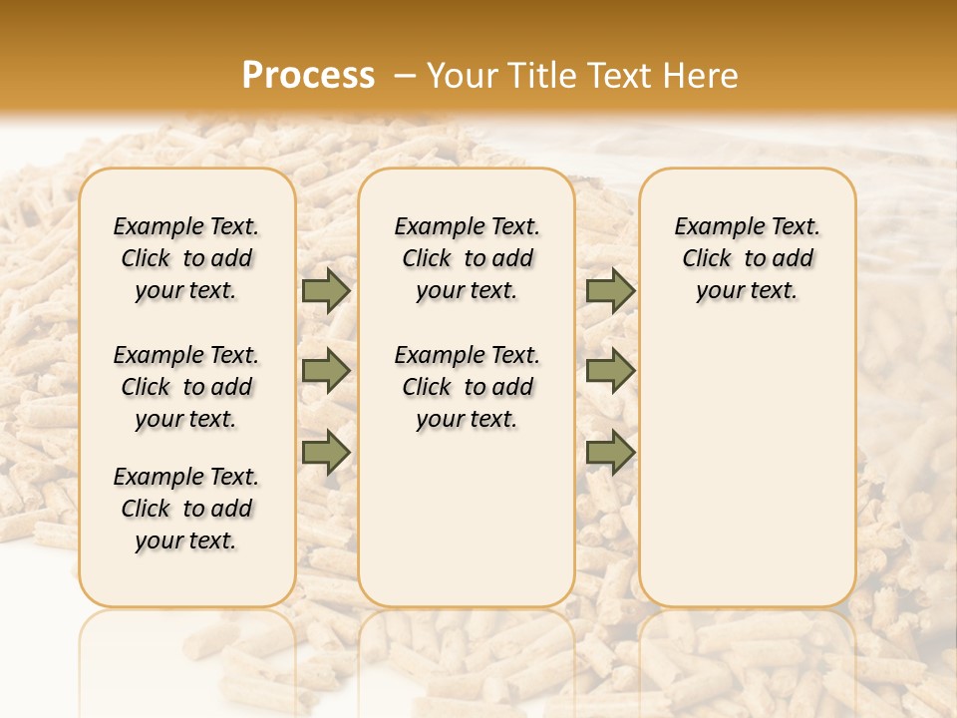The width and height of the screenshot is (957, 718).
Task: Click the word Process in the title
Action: pyautogui.click(x=308, y=76)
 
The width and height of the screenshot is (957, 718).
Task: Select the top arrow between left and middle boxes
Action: pyautogui.click(x=326, y=291)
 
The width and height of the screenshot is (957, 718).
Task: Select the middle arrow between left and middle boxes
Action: pyautogui.click(x=326, y=371)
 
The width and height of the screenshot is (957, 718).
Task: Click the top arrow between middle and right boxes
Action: pyautogui.click(x=610, y=291)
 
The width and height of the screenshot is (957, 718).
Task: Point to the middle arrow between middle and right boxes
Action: pyautogui.click(x=610, y=371)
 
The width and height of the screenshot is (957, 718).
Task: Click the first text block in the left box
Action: pyautogui.click(x=186, y=258)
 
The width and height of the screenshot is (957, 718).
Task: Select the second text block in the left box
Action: pyautogui.click(x=186, y=387)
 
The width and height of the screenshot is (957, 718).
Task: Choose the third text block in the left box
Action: pyautogui.click(x=186, y=509)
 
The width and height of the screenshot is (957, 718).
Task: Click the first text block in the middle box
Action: pyautogui.click(x=468, y=258)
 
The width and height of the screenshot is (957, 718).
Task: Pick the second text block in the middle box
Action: pyautogui.click(x=468, y=387)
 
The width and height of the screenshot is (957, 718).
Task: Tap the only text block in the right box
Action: pyautogui.click(x=748, y=258)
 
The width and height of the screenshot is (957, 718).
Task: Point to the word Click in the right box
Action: pyautogui.click(x=707, y=259)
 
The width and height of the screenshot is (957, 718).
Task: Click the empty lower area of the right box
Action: pyautogui.click(x=748, y=469)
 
